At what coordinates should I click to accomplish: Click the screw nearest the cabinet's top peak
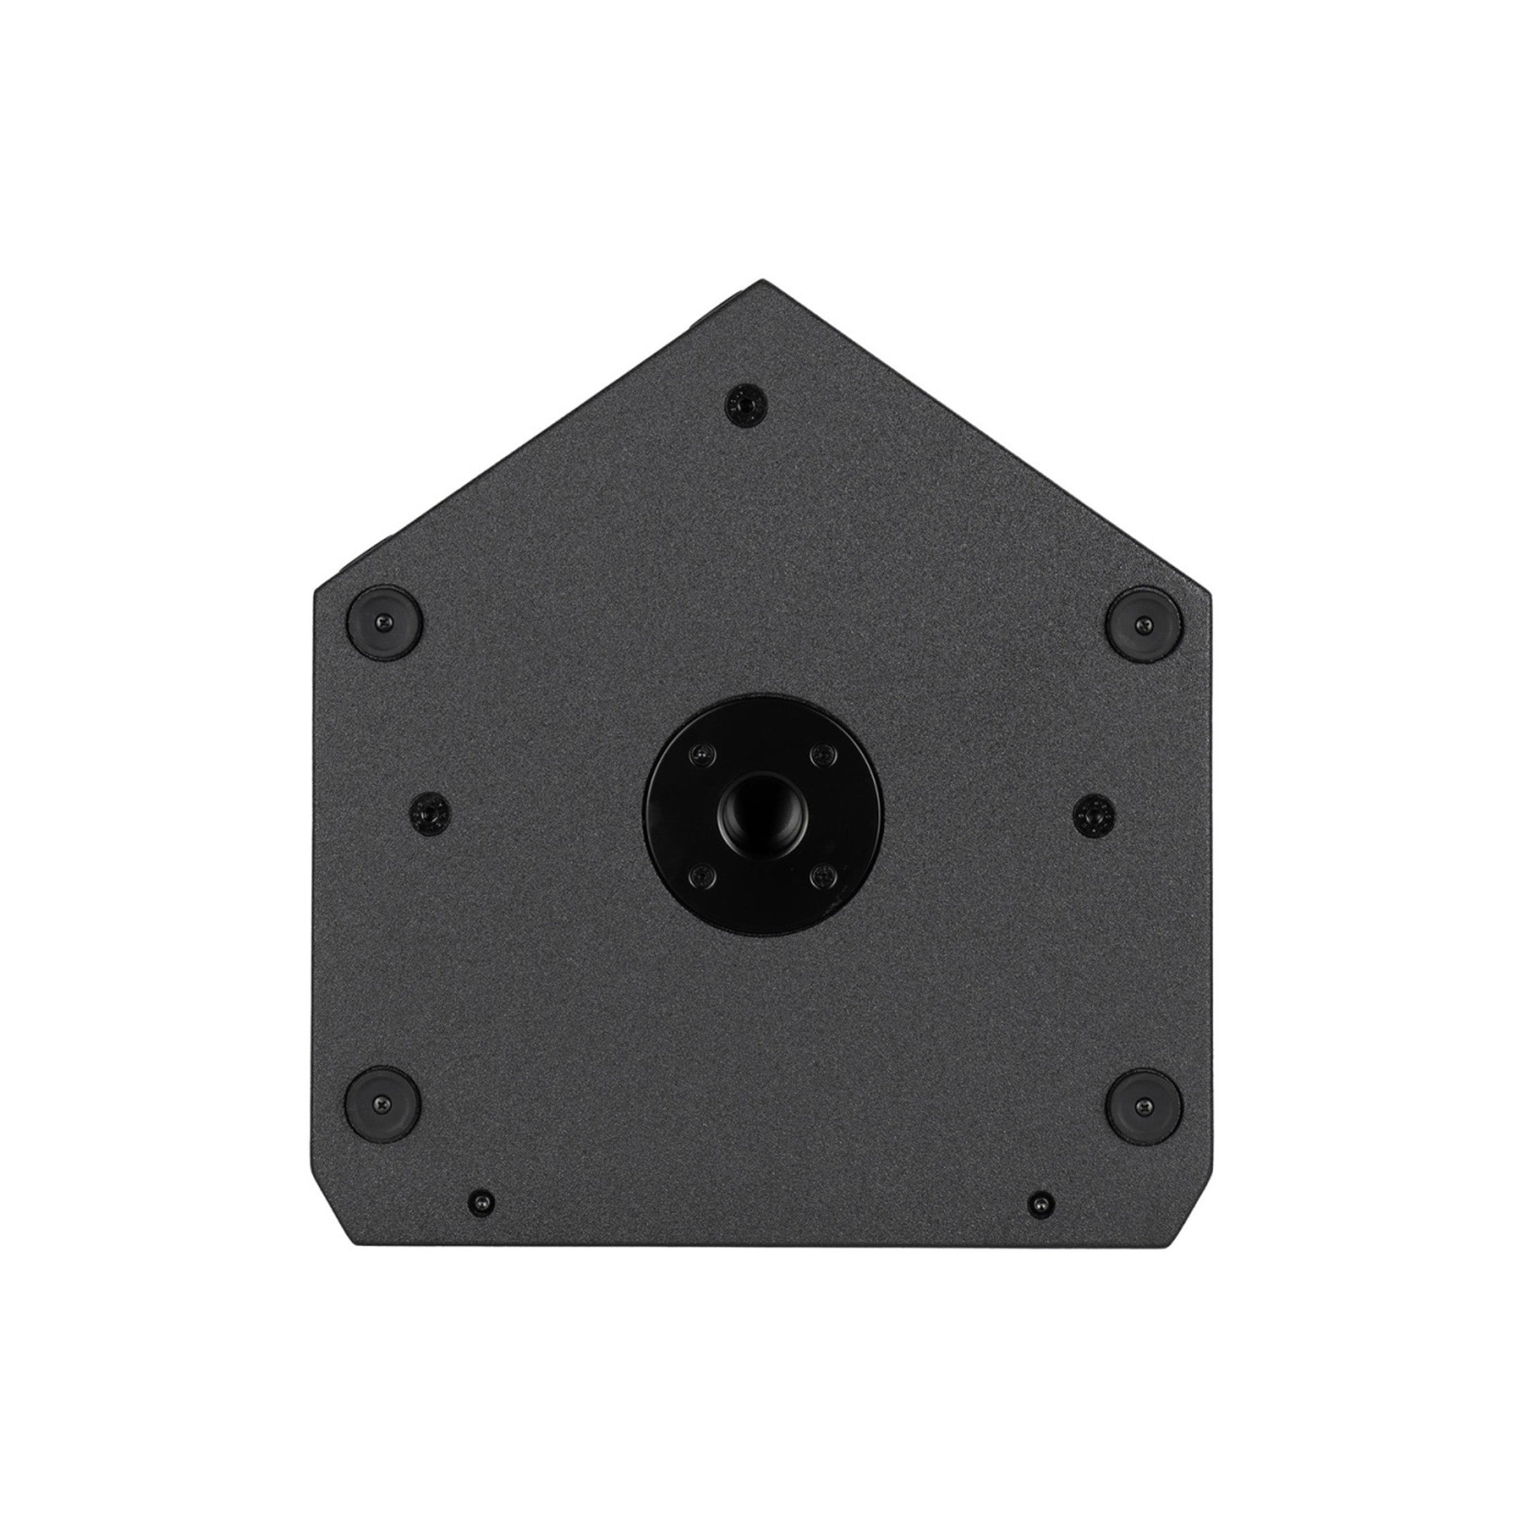click(745, 404)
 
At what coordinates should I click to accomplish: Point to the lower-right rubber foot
click(1143, 1106)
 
